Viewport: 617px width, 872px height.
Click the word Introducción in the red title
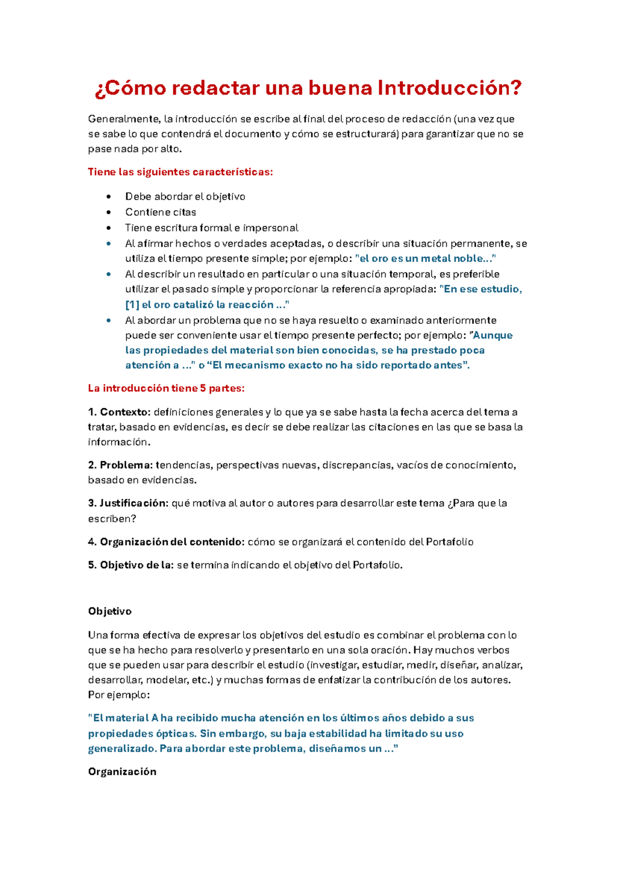click(x=449, y=88)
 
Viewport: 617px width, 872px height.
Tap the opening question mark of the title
click(x=99, y=89)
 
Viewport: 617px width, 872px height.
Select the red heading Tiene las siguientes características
click(x=180, y=172)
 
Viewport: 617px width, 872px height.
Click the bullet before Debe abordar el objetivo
click(x=108, y=197)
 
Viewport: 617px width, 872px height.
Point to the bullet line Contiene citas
click(x=160, y=212)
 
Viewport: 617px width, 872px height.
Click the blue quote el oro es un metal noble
click(x=426, y=259)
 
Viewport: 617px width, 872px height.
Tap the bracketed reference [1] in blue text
click(x=132, y=305)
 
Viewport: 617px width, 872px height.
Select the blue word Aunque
click(x=493, y=335)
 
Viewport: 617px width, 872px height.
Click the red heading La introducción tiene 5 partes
click(x=166, y=388)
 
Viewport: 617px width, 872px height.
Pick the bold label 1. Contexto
click(x=119, y=412)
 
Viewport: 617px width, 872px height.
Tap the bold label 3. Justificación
click(x=128, y=503)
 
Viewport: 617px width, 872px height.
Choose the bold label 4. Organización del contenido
click(x=166, y=542)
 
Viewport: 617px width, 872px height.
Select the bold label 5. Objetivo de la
click(x=131, y=565)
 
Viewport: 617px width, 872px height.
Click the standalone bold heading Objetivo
click(x=110, y=611)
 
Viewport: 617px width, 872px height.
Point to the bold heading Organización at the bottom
click(x=122, y=772)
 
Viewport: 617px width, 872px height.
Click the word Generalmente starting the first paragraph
click(x=123, y=119)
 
